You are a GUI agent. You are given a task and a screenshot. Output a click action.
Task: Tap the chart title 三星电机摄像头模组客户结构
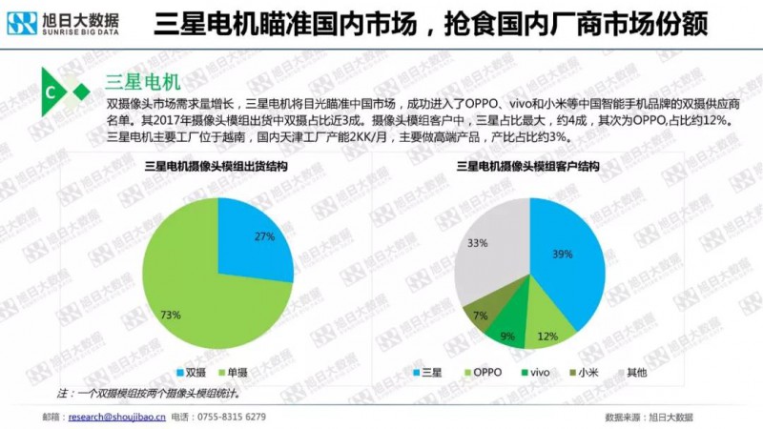pos(528,167)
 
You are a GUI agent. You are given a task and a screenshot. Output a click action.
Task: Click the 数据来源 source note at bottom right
pos(649,417)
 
